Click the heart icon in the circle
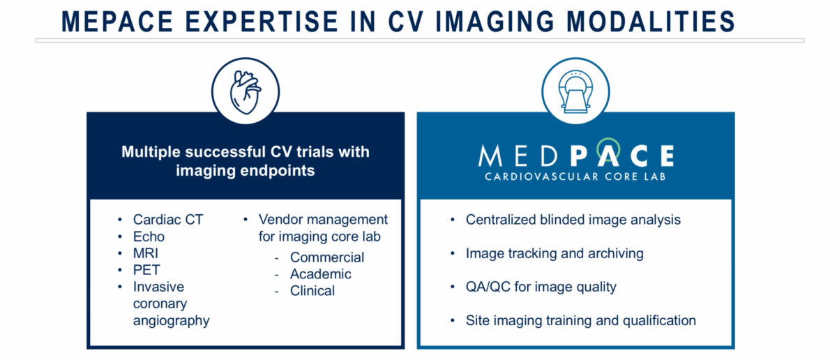click(x=245, y=92)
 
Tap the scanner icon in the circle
click(x=575, y=91)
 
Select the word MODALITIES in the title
click(x=651, y=22)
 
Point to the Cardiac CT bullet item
click(x=168, y=220)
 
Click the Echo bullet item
click(x=149, y=237)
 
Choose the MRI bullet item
click(x=146, y=253)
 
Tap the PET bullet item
click(x=146, y=270)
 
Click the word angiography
click(x=171, y=321)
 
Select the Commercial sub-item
click(x=327, y=257)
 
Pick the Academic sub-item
click(x=321, y=274)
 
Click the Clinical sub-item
click(x=312, y=291)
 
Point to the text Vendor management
click(x=323, y=220)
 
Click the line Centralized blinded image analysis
click(x=573, y=220)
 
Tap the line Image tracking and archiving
click(x=555, y=253)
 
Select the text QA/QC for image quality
click(x=541, y=287)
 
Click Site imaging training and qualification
click(x=580, y=321)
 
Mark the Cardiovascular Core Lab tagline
click(x=575, y=177)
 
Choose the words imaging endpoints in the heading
click(x=246, y=171)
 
